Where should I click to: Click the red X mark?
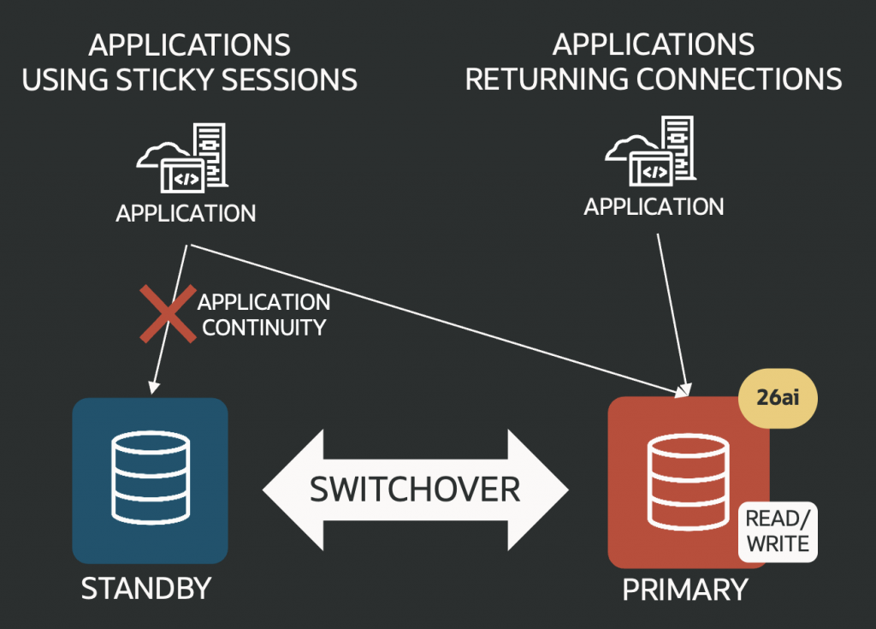[168, 312]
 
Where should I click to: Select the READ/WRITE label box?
[777, 531]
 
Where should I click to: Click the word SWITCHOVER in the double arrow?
[415, 489]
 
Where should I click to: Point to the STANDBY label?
[145, 589]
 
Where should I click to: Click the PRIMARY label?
[684, 589]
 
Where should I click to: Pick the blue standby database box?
[150, 480]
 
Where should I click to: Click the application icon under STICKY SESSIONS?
[185, 159]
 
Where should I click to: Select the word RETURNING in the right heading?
[547, 80]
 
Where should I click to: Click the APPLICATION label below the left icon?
[186, 213]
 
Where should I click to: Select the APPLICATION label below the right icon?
[654, 206]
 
